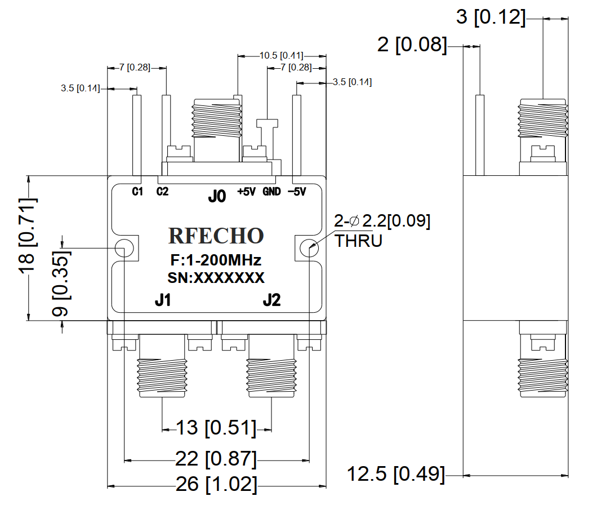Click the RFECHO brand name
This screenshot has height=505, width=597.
[216, 236]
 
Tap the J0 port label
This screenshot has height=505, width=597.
[217, 197]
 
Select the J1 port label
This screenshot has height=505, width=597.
[163, 301]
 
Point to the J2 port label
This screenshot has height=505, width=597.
[271, 301]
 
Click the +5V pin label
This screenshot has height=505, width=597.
[247, 192]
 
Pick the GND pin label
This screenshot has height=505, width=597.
[271, 192]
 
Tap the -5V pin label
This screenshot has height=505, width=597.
[297, 192]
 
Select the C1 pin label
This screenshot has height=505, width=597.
[137, 192]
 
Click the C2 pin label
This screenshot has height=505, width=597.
[162, 192]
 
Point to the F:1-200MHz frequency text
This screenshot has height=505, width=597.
[216, 261]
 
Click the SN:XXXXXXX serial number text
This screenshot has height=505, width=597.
[216, 278]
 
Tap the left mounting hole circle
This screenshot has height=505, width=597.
[123, 248]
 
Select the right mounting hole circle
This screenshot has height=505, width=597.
[309, 248]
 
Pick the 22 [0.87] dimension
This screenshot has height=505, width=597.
[216, 460]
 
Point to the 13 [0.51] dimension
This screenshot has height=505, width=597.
[216, 428]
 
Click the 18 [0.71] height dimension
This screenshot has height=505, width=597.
[28, 237]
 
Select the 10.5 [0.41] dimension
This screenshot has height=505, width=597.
[281, 56]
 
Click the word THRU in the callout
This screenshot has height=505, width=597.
[359, 241]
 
